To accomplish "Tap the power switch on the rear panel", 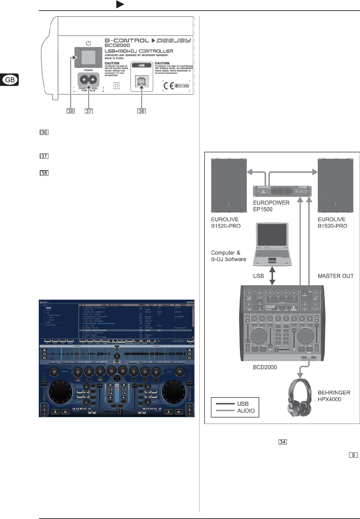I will click(x=88, y=57).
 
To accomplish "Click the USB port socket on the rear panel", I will click(x=141, y=81).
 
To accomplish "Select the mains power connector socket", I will click(x=89, y=80).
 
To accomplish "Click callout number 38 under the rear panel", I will click(x=71, y=111).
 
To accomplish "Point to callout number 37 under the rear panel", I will click(x=89, y=111).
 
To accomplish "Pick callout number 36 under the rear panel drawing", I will click(x=141, y=111).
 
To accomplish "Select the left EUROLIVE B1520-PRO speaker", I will click(x=229, y=185).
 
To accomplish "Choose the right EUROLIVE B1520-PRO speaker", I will click(x=335, y=185).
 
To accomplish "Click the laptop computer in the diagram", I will click(x=272, y=244).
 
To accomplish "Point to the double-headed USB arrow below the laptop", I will click(x=272, y=276).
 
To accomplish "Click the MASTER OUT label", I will click(x=335, y=276).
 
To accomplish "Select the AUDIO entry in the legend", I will click(x=246, y=411).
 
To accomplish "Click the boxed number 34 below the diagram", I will click(x=283, y=442).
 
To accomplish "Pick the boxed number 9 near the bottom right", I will click(x=353, y=455).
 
